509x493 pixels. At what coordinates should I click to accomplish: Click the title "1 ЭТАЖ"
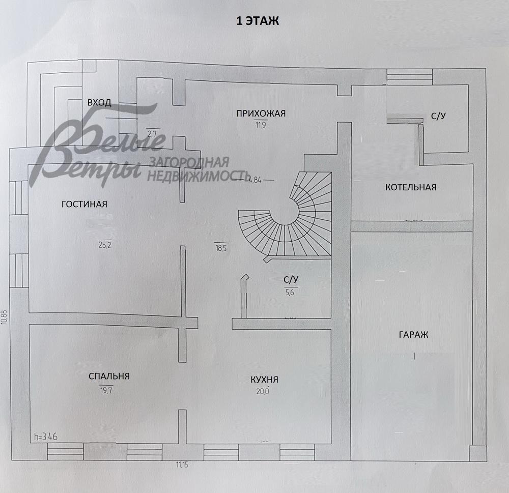258,21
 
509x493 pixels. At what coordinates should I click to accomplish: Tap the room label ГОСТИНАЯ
84,204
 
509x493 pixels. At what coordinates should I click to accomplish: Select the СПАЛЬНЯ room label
109,376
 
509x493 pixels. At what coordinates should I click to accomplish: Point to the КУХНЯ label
264,380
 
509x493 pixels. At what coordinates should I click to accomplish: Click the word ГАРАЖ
413,335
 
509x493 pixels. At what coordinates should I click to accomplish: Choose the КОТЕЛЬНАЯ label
411,187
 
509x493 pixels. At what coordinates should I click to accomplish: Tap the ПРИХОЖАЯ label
261,113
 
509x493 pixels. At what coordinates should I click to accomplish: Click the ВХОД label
99,103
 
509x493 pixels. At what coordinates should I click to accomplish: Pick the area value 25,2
105,245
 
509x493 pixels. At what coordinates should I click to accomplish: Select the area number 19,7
106,390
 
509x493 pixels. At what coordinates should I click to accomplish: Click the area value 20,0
263,391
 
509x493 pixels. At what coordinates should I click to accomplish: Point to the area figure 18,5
221,248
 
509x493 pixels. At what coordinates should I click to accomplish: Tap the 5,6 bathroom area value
290,292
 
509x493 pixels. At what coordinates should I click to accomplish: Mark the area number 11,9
261,125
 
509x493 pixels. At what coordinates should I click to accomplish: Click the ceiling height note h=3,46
46,437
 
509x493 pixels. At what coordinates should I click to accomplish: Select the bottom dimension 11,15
182,465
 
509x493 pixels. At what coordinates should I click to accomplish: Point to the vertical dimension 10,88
4,317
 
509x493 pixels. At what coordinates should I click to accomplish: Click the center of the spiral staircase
285,211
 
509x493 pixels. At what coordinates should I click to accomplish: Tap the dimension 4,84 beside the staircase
255,180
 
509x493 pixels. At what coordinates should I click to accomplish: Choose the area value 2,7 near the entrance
152,133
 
